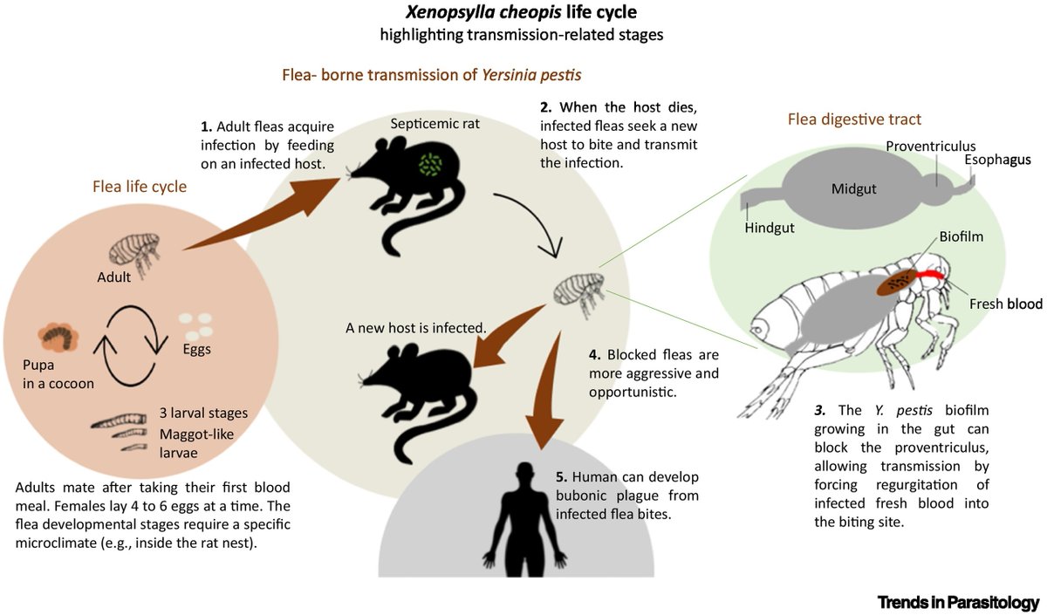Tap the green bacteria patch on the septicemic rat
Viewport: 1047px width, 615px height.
click(428, 165)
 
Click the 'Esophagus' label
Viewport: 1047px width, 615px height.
click(997, 160)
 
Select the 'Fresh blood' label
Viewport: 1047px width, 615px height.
click(1005, 304)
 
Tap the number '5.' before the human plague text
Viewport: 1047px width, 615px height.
click(561, 477)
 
